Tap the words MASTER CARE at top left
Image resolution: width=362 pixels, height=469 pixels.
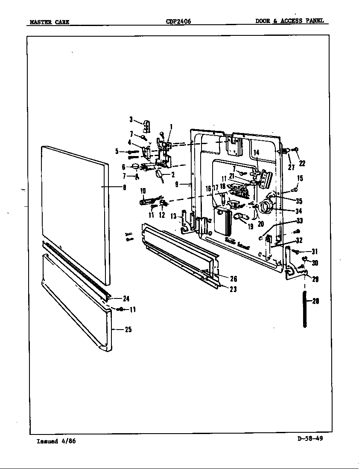[49, 22]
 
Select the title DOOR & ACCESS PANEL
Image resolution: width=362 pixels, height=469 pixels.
[289, 20]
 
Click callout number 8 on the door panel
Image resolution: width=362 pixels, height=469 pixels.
[124, 187]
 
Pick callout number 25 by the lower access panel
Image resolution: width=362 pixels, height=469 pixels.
[128, 329]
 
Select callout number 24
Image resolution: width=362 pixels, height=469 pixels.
[126, 298]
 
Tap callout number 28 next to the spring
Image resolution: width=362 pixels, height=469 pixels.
[315, 301]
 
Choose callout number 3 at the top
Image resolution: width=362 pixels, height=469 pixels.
[131, 119]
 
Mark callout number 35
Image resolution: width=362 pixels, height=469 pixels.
[299, 201]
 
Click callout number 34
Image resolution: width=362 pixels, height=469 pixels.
[299, 211]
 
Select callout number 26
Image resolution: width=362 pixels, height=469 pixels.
[234, 279]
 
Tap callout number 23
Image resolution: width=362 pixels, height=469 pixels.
[234, 290]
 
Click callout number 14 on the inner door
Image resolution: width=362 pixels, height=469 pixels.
[256, 153]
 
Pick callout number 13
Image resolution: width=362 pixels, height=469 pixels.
[173, 217]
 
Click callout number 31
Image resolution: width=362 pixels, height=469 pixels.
[315, 252]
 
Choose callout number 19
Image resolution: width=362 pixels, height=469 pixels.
[251, 227]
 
